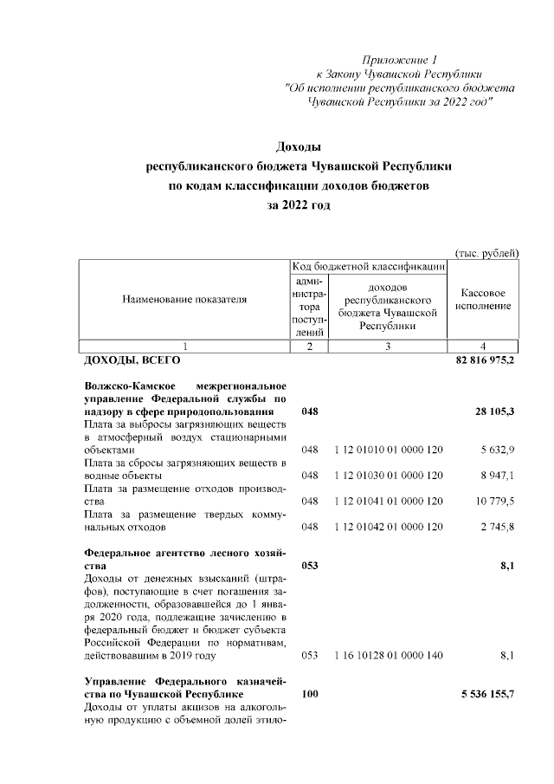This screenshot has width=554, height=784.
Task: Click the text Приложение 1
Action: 402,60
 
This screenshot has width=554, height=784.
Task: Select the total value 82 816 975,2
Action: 485,360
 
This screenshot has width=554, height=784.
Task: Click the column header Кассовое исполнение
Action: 483,301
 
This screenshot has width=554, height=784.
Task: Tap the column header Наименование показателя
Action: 184,300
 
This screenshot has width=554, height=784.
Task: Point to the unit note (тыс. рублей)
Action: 486,252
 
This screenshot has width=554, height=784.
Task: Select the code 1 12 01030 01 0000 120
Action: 388,476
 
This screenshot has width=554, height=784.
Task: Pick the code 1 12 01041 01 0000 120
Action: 388,501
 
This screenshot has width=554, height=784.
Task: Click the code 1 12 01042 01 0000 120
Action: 388,526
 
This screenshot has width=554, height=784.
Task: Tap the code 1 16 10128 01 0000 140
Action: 388,656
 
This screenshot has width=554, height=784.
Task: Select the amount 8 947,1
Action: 496,476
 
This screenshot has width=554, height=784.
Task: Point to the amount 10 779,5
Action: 493,501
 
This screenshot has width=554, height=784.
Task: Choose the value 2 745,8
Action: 496,526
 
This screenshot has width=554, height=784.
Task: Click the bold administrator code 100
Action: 309,695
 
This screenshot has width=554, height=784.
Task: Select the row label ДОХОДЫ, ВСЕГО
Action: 132,360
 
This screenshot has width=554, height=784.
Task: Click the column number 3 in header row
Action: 388,347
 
